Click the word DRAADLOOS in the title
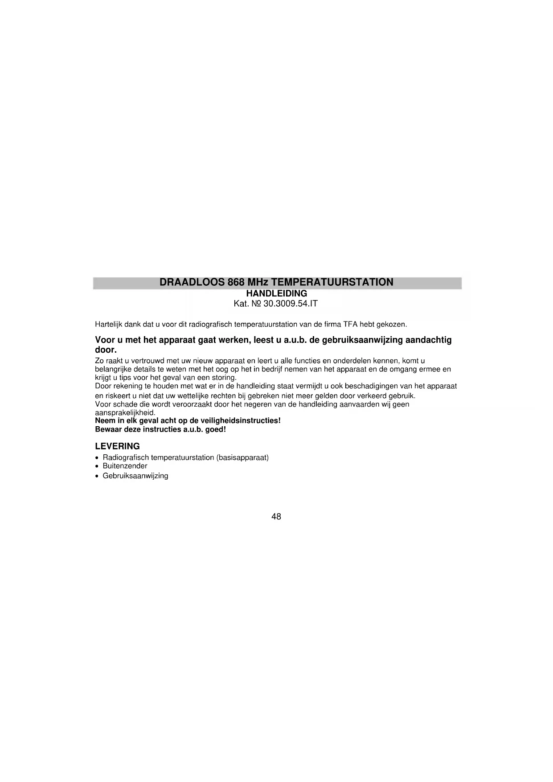click(192, 282)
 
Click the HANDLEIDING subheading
click(277, 294)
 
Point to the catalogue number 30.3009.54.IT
click(291, 304)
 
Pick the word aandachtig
click(428, 340)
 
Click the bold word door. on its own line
click(106, 350)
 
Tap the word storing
click(224, 378)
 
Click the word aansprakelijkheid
click(125, 413)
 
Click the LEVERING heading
click(118, 446)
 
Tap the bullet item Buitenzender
click(125, 466)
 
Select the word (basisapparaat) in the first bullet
click(242, 458)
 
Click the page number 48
click(276, 517)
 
